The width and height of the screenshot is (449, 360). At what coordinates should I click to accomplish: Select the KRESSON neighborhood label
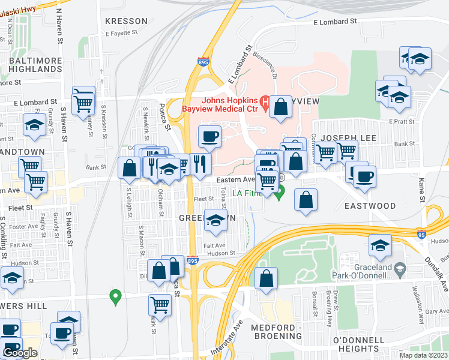tap(126, 21)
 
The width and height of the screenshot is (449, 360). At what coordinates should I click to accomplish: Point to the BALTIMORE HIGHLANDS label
tap(35, 65)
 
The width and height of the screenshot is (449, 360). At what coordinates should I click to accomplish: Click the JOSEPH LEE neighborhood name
tap(348, 138)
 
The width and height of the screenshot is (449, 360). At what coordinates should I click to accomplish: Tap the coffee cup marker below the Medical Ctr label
tap(209, 137)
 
